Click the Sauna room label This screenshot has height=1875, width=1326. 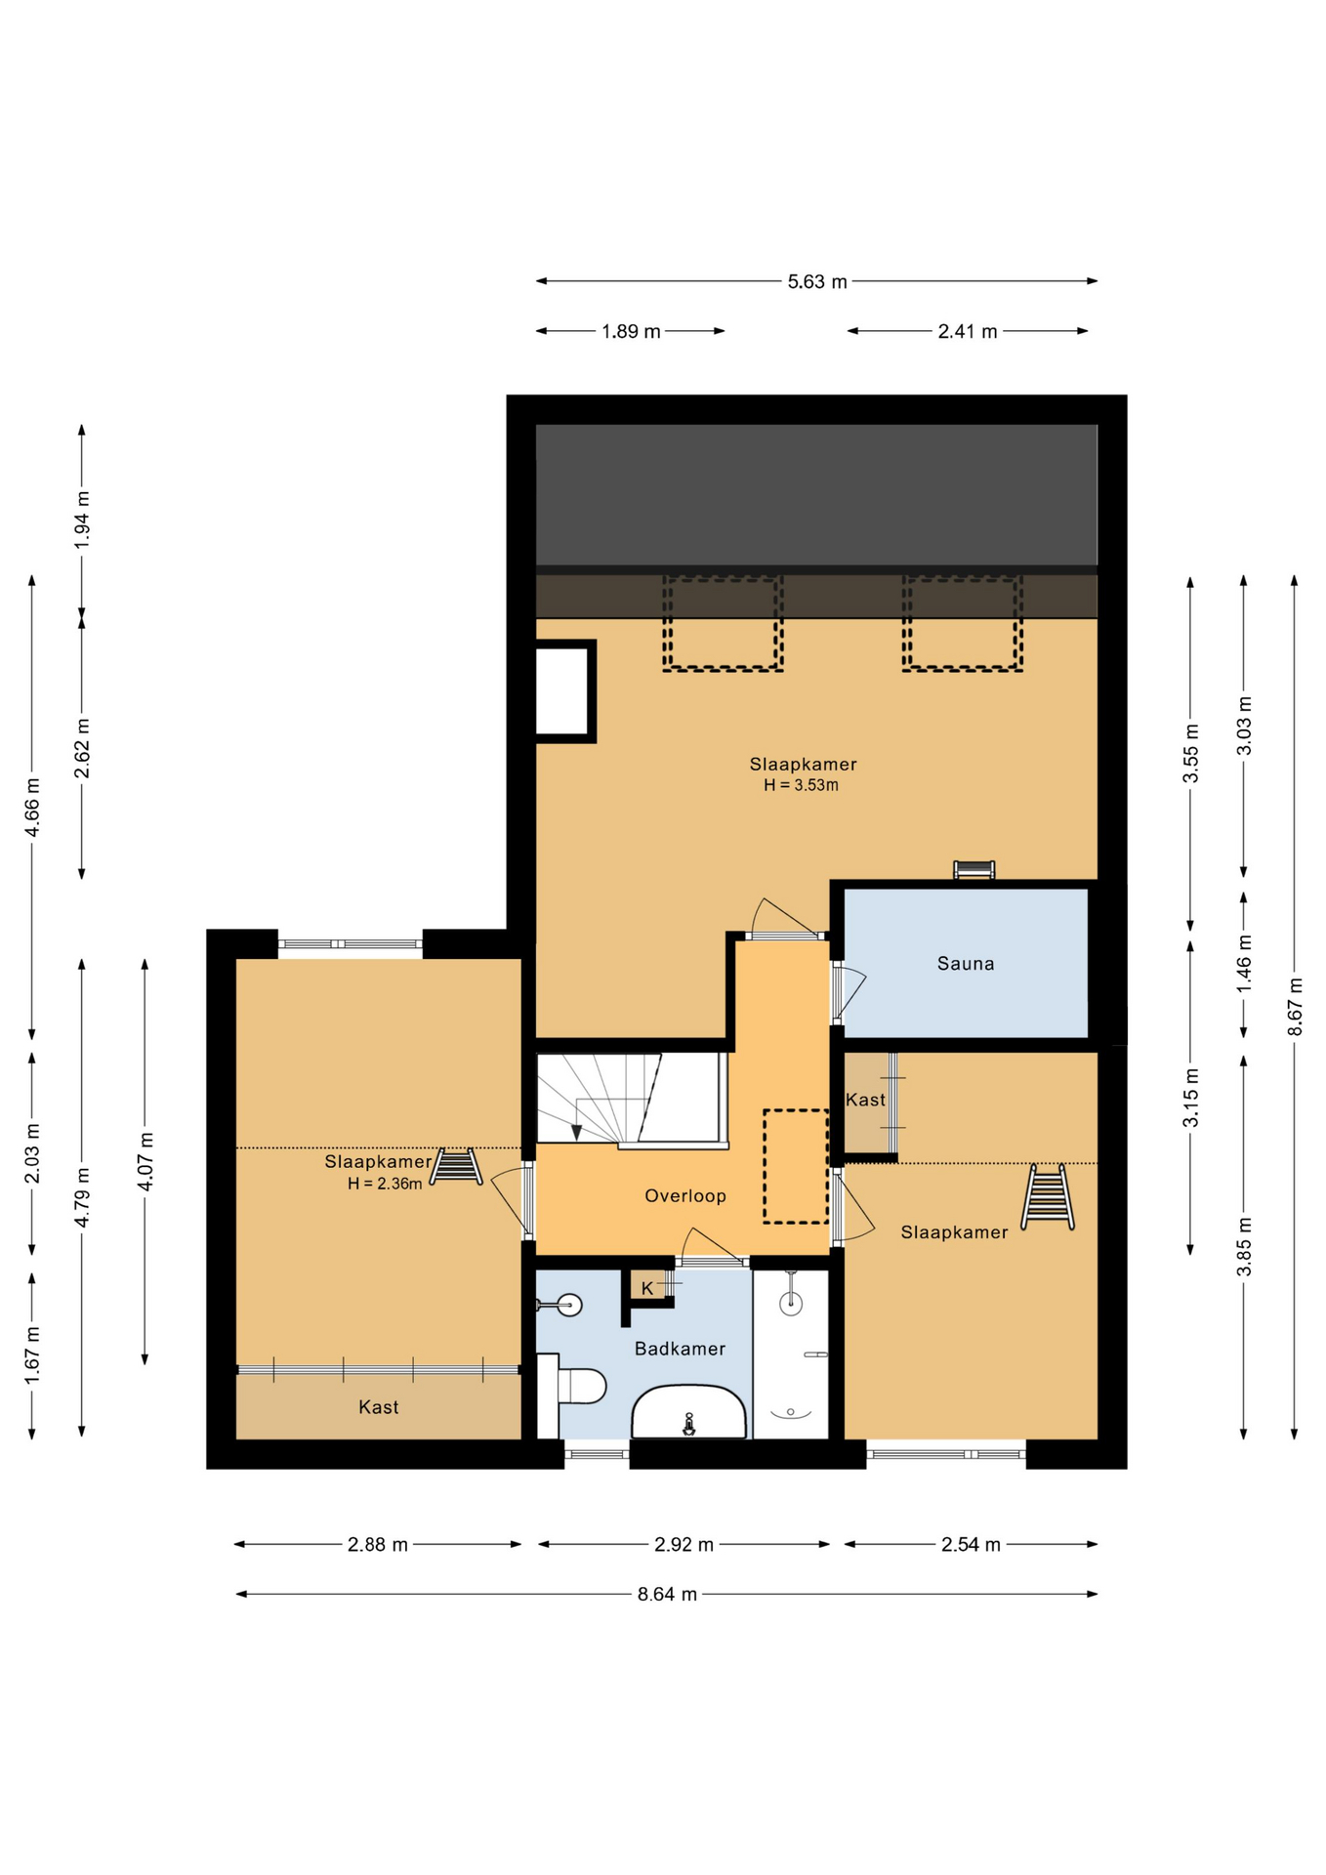coord(965,964)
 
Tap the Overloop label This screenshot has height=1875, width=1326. coord(684,1195)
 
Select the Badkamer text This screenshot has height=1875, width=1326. coord(680,1349)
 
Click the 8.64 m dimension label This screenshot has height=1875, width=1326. coord(667,1595)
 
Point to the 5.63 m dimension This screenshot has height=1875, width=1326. coord(817,281)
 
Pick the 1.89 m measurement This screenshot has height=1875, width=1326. coord(631,331)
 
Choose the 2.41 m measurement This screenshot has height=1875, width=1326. coord(968,331)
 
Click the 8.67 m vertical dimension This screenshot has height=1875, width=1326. coord(1295,1007)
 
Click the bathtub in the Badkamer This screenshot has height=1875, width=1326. coord(689,1412)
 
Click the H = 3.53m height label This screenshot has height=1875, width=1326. coord(801,785)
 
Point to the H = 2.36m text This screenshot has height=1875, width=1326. coord(385,1184)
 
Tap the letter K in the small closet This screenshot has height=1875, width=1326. coord(646,1289)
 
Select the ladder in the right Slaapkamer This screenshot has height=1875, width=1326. coord(1047,1197)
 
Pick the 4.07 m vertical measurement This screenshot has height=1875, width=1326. coord(145,1162)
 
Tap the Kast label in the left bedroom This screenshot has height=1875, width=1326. coord(378,1407)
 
